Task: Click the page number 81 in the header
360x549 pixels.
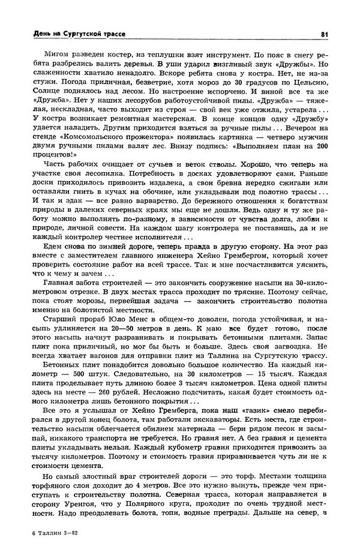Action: pos(324,34)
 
